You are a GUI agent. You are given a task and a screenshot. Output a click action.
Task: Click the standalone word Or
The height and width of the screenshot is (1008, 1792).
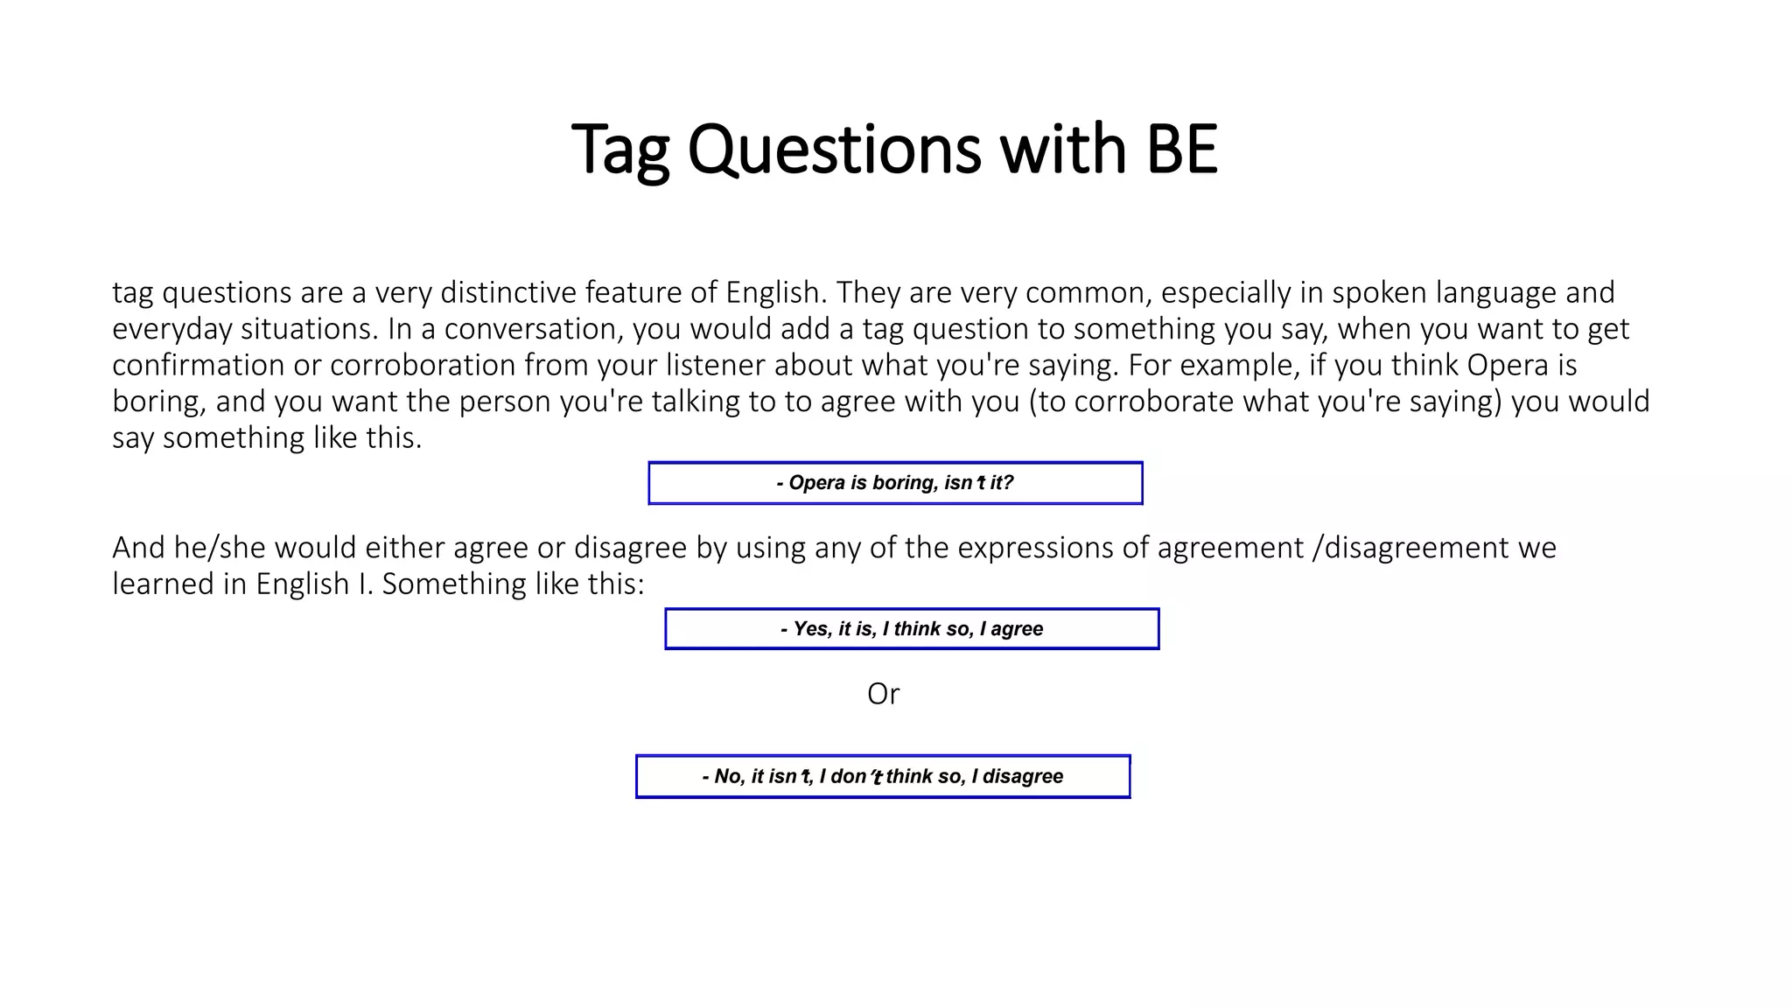click(x=883, y=694)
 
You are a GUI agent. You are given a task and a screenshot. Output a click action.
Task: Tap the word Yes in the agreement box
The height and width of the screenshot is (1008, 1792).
click(x=810, y=629)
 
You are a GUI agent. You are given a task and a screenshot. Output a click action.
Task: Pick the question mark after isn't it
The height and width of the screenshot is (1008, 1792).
click(x=1009, y=483)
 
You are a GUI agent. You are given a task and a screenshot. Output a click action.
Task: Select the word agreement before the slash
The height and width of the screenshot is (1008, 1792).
click(x=1230, y=548)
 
